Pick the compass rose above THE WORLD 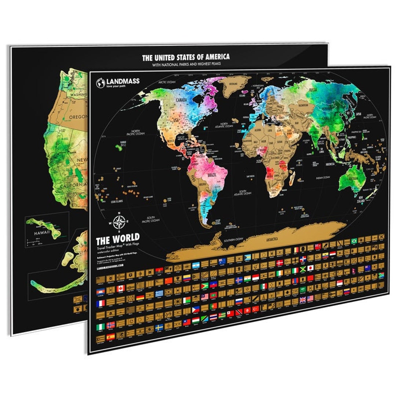[119, 222]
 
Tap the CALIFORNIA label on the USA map [73, 185]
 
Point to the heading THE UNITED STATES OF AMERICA [186, 57]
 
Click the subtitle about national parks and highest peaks [186, 65]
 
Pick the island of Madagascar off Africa [292, 179]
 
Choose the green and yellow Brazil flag [354, 241]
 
